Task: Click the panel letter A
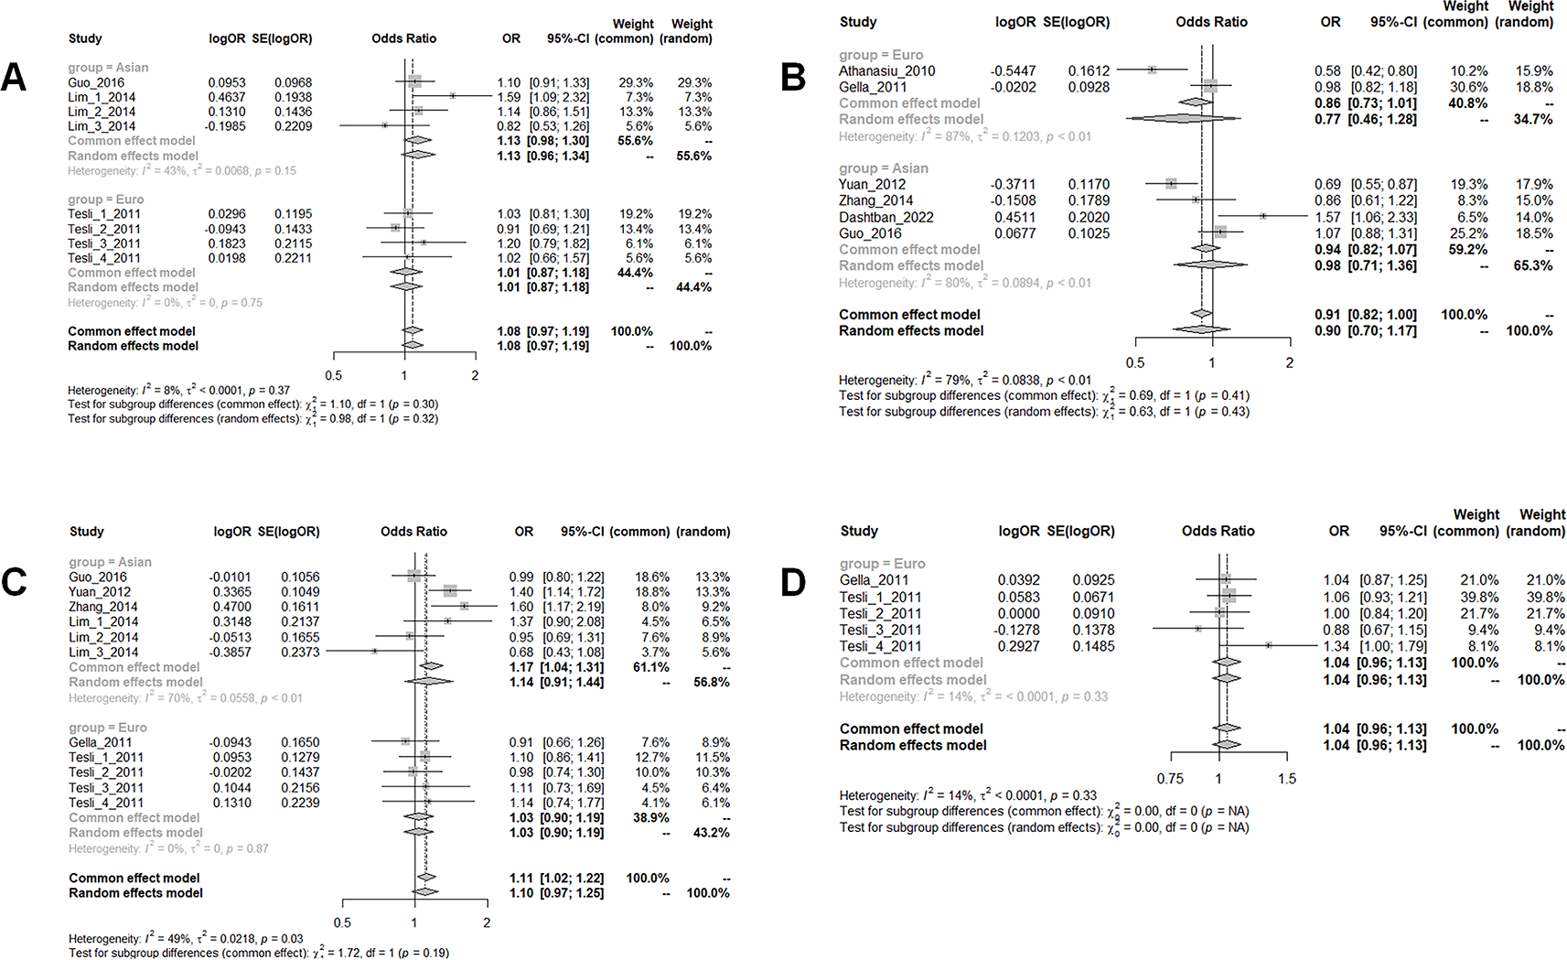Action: point(14,78)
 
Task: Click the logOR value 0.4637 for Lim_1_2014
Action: point(226,97)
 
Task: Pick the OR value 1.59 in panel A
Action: point(509,97)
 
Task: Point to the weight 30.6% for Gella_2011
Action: point(1469,87)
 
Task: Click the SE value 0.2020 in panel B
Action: point(1089,217)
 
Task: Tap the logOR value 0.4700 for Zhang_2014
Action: point(232,607)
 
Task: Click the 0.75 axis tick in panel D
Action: point(1170,779)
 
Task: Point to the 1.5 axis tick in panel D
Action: point(1287,779)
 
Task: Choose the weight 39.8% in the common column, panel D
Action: point(1479,597)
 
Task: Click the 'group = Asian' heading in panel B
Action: point(884,168)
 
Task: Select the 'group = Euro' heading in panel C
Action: point(108,728)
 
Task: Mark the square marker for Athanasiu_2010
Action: point(1152,70)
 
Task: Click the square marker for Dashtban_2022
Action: point(1262,216)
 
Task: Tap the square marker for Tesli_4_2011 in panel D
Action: point(1268,645)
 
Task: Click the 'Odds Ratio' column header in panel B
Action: point(1211,22)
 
